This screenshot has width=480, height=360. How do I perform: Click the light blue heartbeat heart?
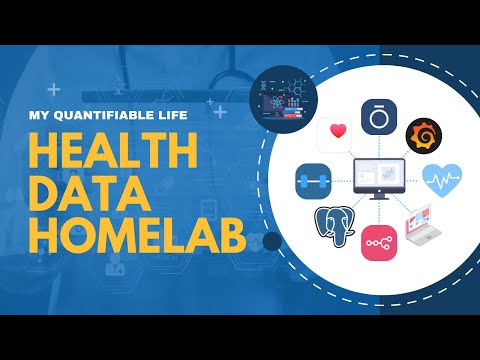coord(441,180)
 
